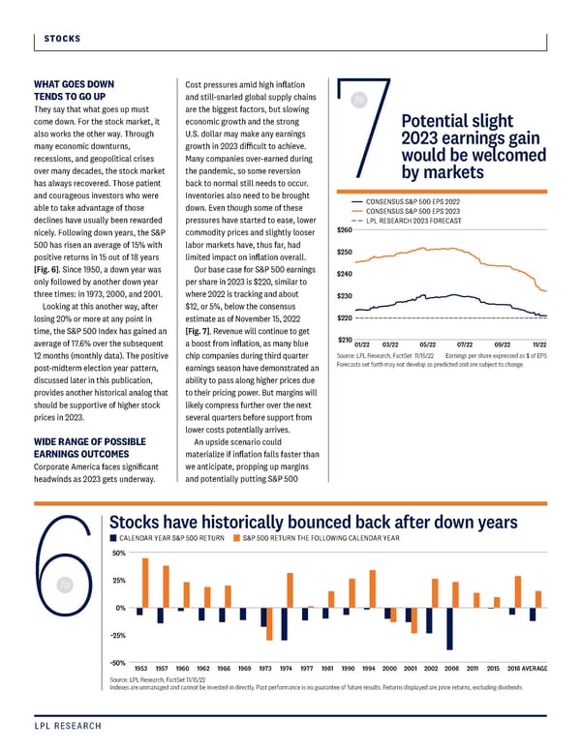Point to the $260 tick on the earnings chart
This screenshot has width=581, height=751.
(344, 229)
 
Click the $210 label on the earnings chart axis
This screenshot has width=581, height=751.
(344, 339)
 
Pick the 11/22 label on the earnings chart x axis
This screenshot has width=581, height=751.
(538, 345)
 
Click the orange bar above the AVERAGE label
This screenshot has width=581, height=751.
(538, 599)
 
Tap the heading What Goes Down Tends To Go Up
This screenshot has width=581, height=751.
(73, 90)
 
